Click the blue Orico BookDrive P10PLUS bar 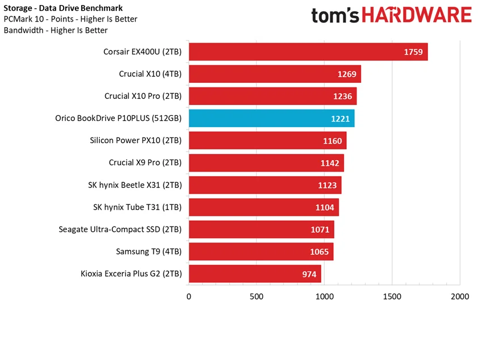click(x=271, y=118)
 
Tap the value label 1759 click(x=413, y=52)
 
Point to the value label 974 click(x=309, y=274)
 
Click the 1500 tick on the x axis click(x=392, y=296)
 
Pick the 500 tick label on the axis click(x=256, y=296)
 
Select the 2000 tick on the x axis click(x=459, y=296)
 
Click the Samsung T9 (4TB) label click(x=149, y=252)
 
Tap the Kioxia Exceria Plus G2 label click(x=131, y=274)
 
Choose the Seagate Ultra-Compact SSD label click(x=120, y=229)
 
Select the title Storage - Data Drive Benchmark click(x=62, y=8)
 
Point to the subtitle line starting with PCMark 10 click(x=70, y=19)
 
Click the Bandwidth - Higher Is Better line click(x=56, y=30)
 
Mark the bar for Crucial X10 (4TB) click(x=274, y=74)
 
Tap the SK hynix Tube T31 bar click(x=263, y=207)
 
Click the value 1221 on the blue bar click(x=341, y=119)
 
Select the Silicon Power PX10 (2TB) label click(x=136, y=140)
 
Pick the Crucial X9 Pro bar click(x=266, y=163)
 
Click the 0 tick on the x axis click(x=188, y=296)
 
